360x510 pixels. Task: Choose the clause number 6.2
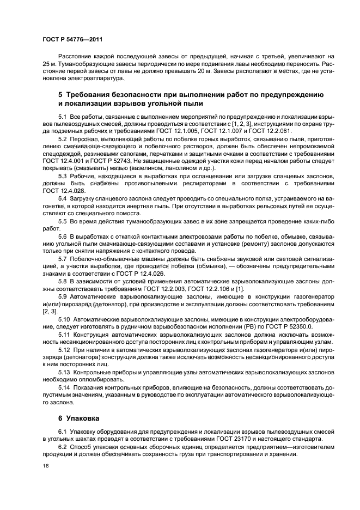tap(63, 447)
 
